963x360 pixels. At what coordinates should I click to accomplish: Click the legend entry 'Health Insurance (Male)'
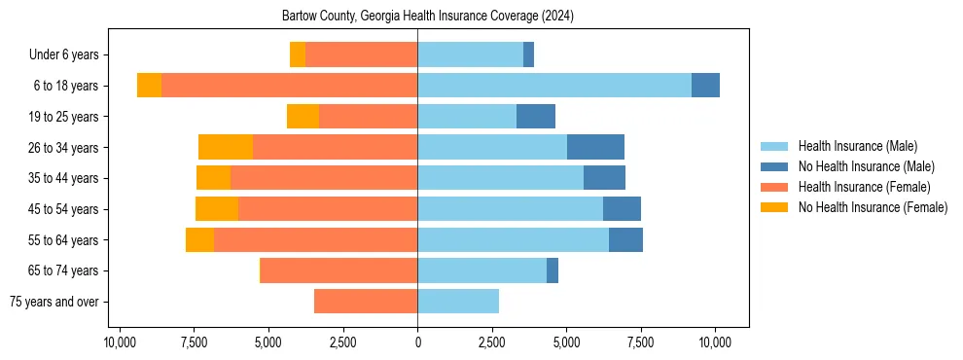pos(857,146)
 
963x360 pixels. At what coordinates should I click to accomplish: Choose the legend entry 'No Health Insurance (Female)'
pos(873,207)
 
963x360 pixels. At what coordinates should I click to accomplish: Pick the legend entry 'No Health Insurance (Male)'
pos(866,166)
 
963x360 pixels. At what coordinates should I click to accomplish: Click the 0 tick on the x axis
pos(417,343)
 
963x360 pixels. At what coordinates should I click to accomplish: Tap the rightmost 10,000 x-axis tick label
pos(715,343)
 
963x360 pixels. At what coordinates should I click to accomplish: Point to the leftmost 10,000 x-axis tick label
pos(120,343)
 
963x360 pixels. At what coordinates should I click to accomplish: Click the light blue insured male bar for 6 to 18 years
pos(554,86)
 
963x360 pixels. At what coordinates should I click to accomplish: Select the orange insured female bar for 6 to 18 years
pos(289,86)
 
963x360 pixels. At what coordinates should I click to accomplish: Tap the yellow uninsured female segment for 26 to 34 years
pos(226,147)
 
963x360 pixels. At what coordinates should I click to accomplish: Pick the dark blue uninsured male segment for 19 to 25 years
pos(536,117)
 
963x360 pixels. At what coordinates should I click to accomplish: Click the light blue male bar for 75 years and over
pos(458,302)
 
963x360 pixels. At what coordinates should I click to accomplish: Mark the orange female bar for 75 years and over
pos(366,302)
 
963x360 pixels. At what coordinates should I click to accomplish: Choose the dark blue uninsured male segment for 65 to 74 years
pos(553,270)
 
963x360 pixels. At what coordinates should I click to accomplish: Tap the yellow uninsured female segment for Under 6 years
pos(298,55)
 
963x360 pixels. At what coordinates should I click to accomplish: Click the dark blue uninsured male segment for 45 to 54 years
pos(622,209)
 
